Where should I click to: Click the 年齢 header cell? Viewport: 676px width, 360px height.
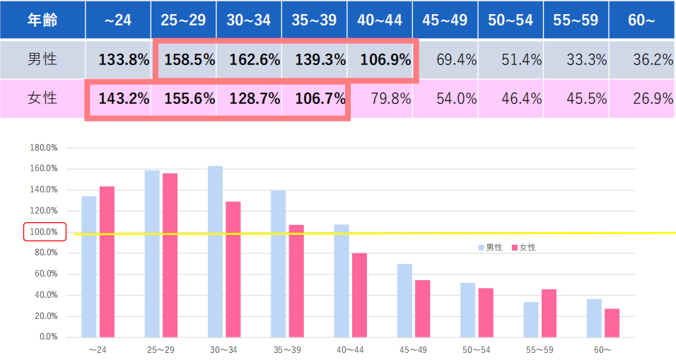42,20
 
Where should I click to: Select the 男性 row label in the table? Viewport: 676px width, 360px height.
42,60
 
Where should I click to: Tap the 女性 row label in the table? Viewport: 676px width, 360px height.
42,98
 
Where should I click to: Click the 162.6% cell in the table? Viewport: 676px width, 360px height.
248,60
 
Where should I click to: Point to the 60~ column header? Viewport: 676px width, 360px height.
641,20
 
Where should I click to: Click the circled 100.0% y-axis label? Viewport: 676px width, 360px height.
45,232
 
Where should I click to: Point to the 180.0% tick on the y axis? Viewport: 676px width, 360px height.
45,148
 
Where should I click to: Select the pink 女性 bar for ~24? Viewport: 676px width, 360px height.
107,261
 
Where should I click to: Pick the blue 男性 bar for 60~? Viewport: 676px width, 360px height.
594,318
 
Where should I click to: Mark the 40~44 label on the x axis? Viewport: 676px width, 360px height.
351,349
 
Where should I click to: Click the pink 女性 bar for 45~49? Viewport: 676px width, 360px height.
422,308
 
